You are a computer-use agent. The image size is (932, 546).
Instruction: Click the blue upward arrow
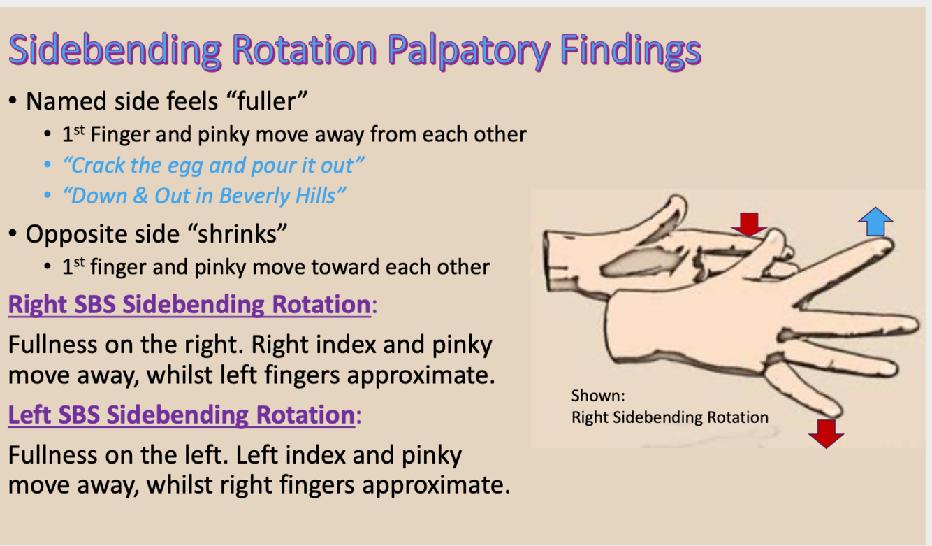click(x=875, y=222)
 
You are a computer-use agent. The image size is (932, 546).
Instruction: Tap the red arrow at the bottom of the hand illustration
click(x=826, y=433)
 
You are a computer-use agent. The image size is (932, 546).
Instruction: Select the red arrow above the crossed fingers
click(x=749, y=224)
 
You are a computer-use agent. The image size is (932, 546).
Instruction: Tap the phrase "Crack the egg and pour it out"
click(x=214, y=166)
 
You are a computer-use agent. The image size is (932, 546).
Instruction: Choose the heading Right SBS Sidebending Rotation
click(x=189, y=305)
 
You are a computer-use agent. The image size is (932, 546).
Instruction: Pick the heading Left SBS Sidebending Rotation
click(x=180, y=415)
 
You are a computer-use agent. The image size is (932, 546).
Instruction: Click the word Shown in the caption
click(x=597, y=396)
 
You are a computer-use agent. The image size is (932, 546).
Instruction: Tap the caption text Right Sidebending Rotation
click(x=669, y=417)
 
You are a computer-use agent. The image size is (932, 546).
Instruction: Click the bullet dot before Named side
click(x=14, y=102)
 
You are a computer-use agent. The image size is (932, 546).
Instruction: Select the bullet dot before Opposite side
click(x=14, y=235)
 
